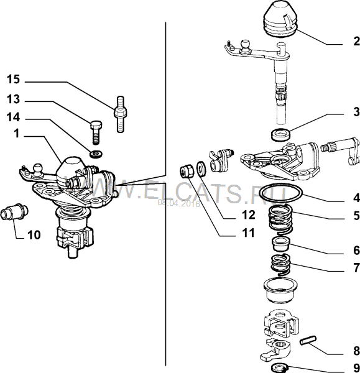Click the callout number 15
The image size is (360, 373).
(13, 79)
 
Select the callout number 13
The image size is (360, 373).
(13, 99)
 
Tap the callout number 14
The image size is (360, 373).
(13, 117)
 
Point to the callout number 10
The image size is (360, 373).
(34, 235)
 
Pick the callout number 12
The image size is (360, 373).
(249, 214)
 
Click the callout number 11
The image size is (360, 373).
(249, 233)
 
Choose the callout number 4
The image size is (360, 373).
(356, 198)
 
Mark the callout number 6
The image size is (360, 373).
(356, 251)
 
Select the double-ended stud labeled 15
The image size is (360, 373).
(121, 114)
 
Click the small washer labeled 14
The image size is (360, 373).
(96, 154)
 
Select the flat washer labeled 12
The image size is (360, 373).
(201, 169)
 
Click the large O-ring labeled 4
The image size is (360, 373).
(281, 193)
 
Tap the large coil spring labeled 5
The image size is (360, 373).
(280, 219)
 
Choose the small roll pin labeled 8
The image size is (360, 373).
(308, 340)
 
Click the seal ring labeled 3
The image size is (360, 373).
(281, 134)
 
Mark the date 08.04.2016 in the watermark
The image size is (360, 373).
(178, 204)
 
